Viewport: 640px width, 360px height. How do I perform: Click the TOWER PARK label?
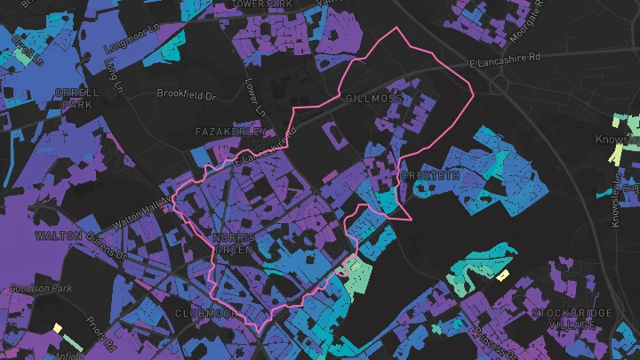coord(261,4)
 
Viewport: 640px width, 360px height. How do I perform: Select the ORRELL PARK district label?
coord(77,99)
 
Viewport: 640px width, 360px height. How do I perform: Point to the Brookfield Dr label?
coord(187,92)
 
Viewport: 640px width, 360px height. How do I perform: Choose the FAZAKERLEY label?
coord(229,132)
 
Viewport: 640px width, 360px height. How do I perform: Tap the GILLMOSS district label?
coord(372,98)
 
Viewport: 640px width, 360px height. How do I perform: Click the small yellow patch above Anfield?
coord(57,328)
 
